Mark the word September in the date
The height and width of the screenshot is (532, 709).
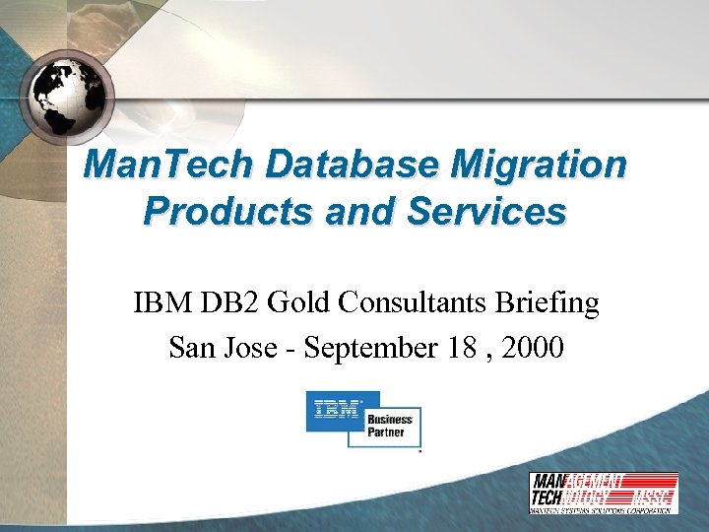(367, 348)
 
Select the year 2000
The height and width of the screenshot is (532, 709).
(533, 347)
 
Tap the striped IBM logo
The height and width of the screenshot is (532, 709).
(336, 409)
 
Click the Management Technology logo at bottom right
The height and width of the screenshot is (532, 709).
(603, 492)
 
